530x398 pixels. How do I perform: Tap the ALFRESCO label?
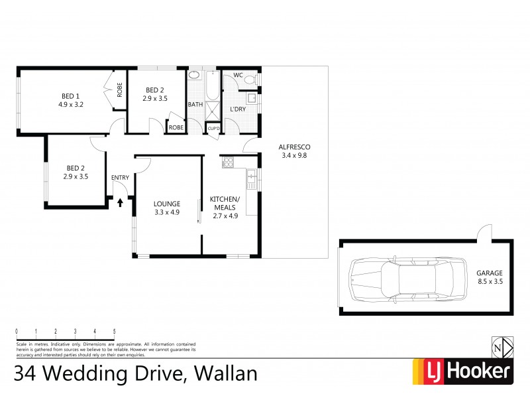point(294,147)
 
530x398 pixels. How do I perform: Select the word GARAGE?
point(490,273)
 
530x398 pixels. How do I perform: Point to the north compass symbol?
point(502,348)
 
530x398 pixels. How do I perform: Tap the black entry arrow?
point(120,202)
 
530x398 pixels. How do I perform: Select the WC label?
point(237,76)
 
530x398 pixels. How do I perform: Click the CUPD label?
point(213,128)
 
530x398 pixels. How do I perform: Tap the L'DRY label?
point(238,108)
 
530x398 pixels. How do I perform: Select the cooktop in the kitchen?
point(228,161)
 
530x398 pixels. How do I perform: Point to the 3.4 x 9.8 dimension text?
point(294,156)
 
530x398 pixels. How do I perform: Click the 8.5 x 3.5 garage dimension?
point(490,281)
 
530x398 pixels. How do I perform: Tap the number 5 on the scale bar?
point(115,331)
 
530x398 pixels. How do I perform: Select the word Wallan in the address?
point(221,373)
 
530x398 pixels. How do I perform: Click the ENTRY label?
point(120,177)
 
